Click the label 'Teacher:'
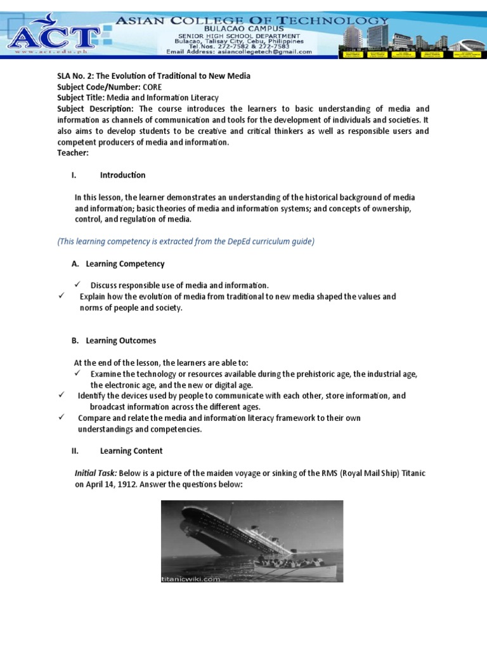click(73, 153)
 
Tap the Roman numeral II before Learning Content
click(74, 451)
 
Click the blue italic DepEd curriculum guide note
click(186, 241)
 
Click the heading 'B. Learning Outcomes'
click(114, 340)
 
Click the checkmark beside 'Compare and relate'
click(62, 417)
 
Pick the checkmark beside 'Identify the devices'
click(62, 395)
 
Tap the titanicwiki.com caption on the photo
click(191, 578)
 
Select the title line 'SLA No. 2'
click(153, 76)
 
